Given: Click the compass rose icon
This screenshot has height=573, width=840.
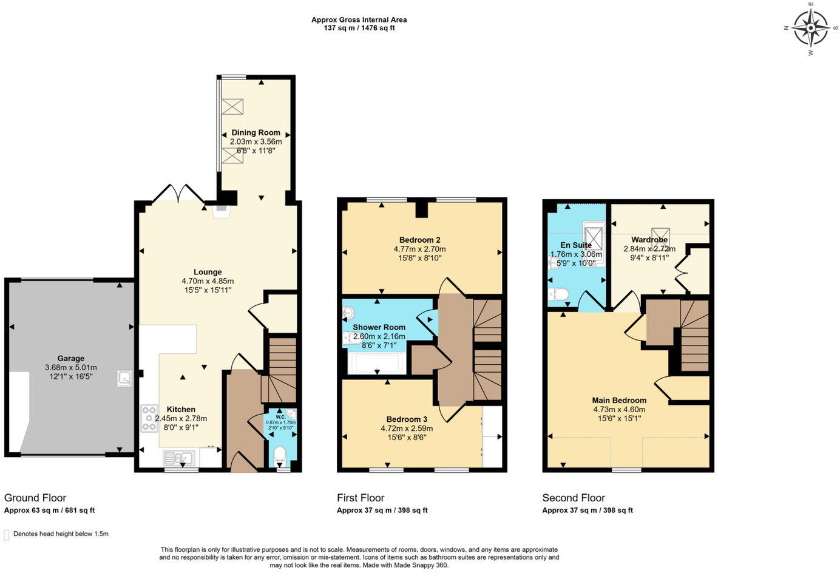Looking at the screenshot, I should click(811, 28).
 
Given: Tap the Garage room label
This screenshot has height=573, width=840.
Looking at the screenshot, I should click(71, 358).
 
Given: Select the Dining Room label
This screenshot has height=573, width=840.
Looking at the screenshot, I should click(256, 132).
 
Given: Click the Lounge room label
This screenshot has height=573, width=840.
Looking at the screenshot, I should click(208, 272).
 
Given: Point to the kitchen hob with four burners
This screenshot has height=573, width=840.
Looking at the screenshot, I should click(149, 418).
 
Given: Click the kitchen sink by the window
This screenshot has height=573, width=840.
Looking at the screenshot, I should click(180, 458).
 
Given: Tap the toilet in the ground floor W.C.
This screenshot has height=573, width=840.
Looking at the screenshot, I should click(280, 455).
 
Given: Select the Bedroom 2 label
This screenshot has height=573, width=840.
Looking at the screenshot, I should click(419, 240).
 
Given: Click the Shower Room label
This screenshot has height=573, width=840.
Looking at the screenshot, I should click(379, 327).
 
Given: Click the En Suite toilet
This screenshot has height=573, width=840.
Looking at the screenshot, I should click(558, 294).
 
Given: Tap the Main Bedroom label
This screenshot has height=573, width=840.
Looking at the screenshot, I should click(619, 400).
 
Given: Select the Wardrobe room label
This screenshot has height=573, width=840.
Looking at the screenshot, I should click(649, 240).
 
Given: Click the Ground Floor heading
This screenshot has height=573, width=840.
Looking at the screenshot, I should click(35, 498).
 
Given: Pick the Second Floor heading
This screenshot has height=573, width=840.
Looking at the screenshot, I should click(574, 498).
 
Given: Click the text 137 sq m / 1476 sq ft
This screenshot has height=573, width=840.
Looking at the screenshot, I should click(359, 28).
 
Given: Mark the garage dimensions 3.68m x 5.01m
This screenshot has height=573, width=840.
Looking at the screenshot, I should click(71, 367).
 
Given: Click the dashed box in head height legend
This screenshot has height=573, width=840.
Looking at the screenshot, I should click(7, 535).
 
